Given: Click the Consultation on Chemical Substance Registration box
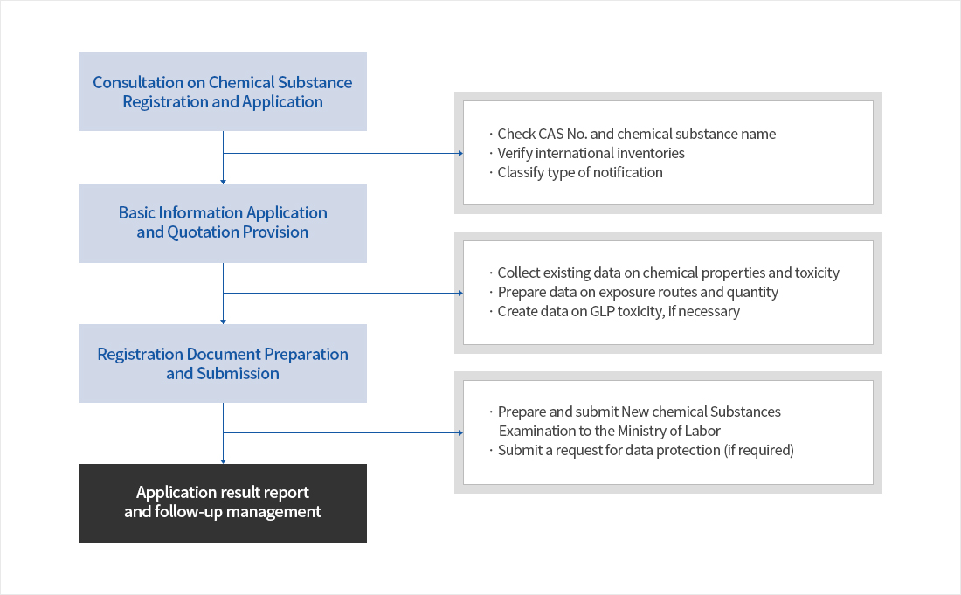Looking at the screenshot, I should pos(223,92).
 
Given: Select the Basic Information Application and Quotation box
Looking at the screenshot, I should pos(223,223).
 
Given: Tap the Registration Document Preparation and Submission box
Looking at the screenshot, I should pos(223,363).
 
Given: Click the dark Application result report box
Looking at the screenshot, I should pos(223,502).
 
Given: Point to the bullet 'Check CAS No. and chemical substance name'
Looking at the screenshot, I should pos(636,134).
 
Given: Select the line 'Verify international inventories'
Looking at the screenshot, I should pos(591,153).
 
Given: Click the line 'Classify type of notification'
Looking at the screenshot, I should pos(579,172).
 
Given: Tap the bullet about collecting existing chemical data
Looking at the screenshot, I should pos(667,273).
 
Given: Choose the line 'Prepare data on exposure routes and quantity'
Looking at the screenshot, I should pos(637,292).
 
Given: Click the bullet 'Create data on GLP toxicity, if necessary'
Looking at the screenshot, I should pos(618,311).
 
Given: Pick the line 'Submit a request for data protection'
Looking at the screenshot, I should pos(645,450).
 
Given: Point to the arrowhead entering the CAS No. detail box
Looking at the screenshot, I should pos(460,153).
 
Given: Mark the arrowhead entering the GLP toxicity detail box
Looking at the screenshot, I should pos(460,293).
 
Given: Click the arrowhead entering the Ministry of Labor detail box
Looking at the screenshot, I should pos(460,432).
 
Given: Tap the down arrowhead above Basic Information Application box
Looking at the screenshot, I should pos(224,182).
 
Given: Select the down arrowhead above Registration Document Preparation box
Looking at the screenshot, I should pos(224,322).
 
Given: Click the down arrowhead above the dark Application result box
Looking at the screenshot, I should pos(224,461).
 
